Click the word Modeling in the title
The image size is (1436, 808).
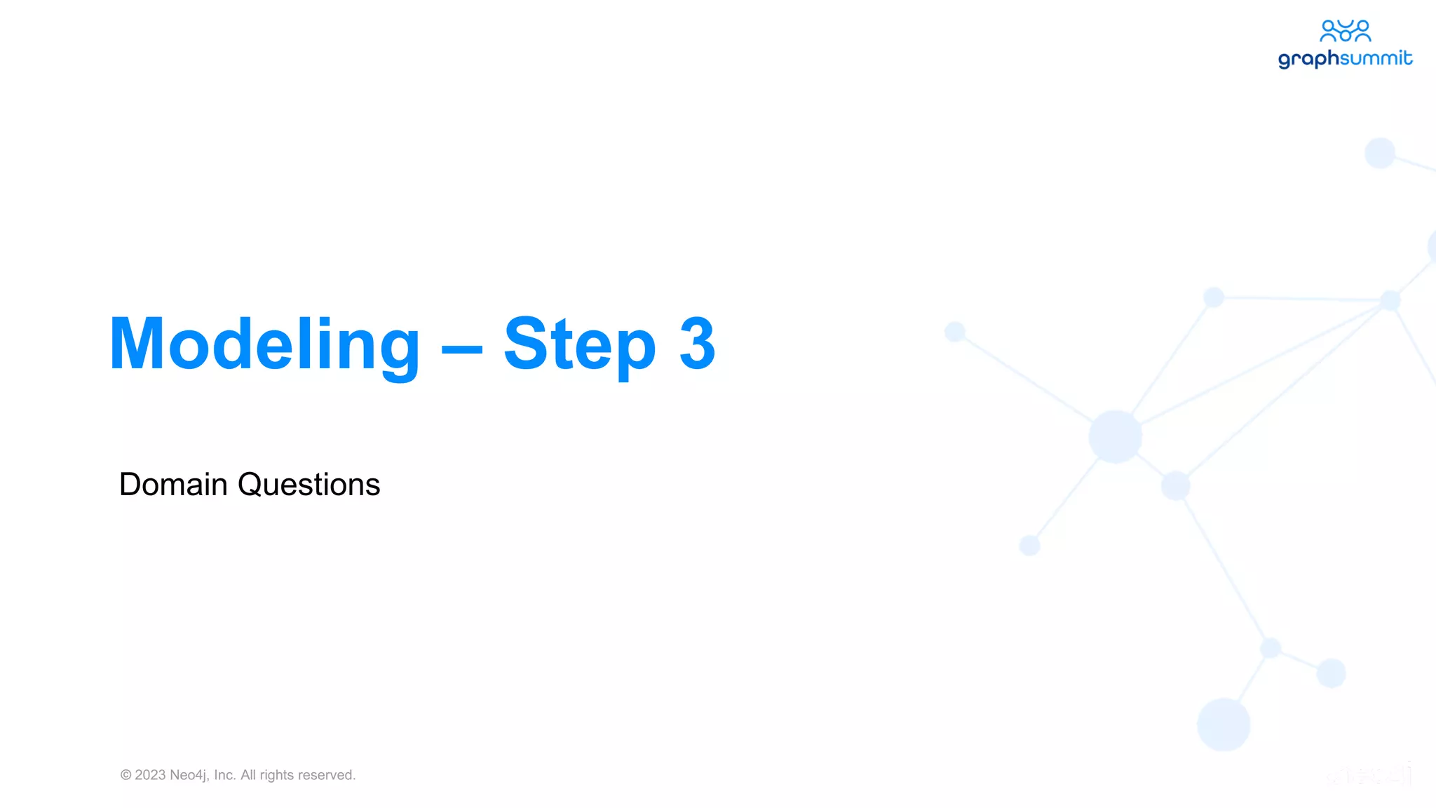pos(264,345)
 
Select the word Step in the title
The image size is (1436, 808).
pos(579,345)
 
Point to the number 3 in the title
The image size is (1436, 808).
pos(697,344)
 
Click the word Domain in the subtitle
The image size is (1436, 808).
pos(173,485)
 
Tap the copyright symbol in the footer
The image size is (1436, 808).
pos(126,775)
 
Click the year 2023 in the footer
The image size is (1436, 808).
pos(150,775)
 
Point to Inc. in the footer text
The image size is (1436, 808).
pos(224,775)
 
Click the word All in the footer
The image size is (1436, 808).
pos(248,775)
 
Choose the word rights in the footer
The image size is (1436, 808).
pos(276,775)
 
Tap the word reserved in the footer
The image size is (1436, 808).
pos(326,775)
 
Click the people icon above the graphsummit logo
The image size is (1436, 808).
pos(1345,31)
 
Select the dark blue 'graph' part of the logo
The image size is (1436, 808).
pos(1308,59)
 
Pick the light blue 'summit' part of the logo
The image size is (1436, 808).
pos(1376,58)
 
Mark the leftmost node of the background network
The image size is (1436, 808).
pos(955,332)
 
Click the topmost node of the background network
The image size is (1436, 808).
pos(1380,153)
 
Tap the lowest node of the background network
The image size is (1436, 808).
pos(1224,725)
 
